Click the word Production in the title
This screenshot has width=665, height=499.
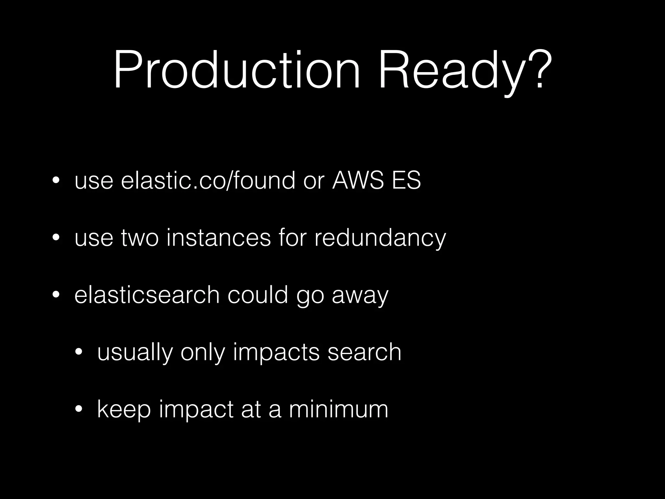236,70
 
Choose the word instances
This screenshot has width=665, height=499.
218,238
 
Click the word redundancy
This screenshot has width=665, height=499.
380,238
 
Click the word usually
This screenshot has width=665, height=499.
135,353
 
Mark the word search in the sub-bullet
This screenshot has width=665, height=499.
364,352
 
